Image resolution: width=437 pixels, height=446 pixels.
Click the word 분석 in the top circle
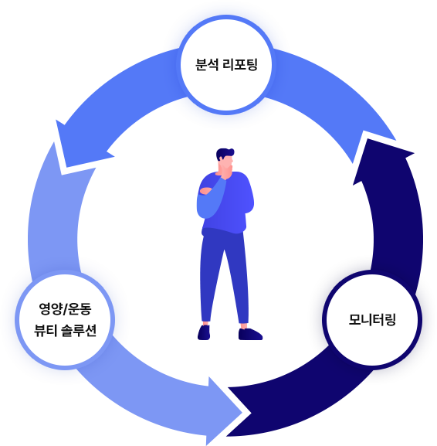[x=207, y=65]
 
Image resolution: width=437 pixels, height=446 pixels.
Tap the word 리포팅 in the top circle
[x=240, y=65]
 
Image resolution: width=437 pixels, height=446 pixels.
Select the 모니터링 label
[x=372, y=320]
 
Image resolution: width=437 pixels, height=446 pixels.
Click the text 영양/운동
[x=65, y=308]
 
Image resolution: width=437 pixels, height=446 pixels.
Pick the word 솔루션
[x=79, y=331]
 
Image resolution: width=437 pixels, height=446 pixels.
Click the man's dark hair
[x=225, y=154]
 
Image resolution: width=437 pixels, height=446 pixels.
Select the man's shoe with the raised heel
[x=204, y=332]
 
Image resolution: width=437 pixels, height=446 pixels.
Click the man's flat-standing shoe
[x=250, y=334]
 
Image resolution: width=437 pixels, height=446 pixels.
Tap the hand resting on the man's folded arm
[x=205, y=191]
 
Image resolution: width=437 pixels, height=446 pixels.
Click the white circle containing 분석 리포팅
[x=226, y=65]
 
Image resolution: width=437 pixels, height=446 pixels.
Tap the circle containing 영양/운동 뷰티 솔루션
[x=65, y=320]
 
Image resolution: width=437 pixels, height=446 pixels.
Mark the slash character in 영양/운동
[x=65, y=309]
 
